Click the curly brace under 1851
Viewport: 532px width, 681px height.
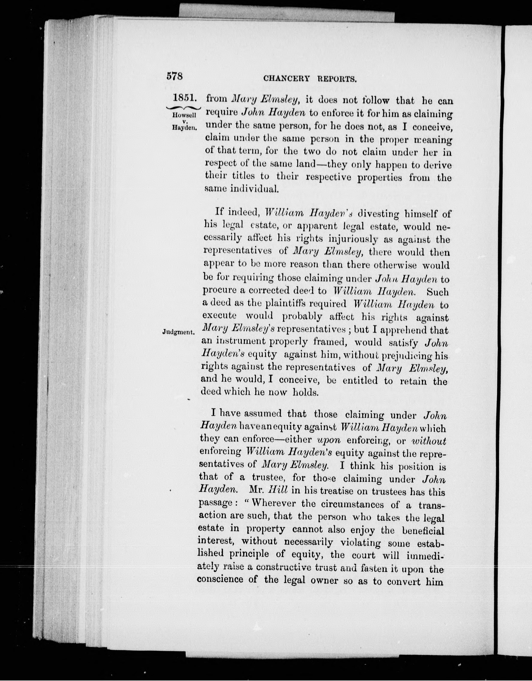[184, 107]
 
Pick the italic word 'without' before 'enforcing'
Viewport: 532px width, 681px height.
[429, 441]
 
